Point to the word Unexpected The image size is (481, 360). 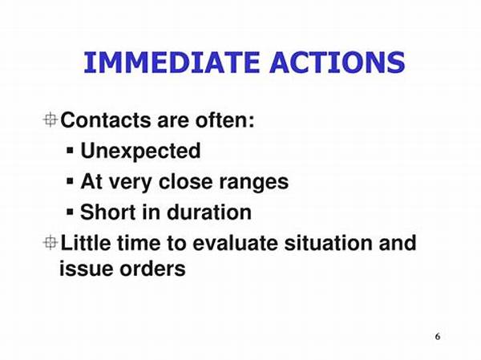tap(140, 151)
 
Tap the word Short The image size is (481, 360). tap(107, 212)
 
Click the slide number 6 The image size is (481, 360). tap(437, 335)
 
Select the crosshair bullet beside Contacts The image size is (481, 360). tap(51, 121)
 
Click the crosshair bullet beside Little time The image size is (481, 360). tap(51, 242)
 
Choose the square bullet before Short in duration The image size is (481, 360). tap(71, 212)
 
